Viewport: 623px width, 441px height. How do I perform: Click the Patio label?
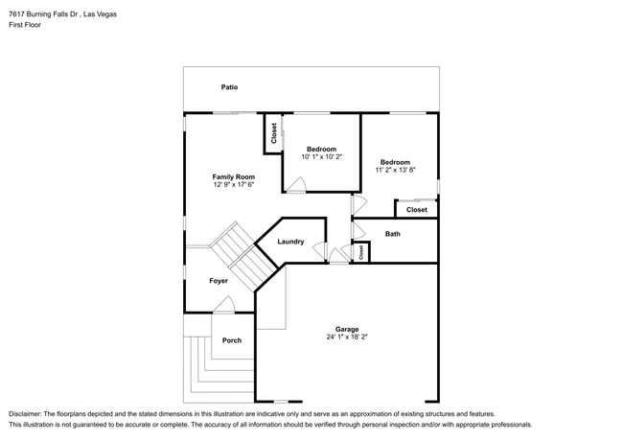(x=229, y=87)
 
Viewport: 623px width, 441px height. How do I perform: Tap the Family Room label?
(x=234, y=176)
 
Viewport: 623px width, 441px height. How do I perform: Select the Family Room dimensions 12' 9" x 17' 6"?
(x=234, y=184)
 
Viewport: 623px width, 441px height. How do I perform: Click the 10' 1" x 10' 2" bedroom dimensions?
(x=321, y=156)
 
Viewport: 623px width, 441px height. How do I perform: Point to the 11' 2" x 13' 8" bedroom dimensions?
(x=395, y=170)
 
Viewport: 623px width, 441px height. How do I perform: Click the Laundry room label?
(x=290, y=242)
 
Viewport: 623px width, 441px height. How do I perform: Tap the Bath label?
(x=393, y=234)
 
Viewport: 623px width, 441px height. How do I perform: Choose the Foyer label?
(x=219, y=281)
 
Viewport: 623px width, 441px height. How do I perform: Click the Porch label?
(x=232, y=340)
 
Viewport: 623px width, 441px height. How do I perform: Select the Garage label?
(x=347, y=329)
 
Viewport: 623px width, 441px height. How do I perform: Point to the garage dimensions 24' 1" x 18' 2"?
(x=347, y=337)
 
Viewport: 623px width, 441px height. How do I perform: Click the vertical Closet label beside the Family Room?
(x=274, y=133)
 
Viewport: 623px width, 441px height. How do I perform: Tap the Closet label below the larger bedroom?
(x=417, y=210)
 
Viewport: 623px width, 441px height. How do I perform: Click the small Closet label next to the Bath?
(x=361, y=252)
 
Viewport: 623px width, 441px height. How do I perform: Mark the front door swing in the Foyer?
(x=224, y=304)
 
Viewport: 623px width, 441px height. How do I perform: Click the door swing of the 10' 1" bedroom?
(x=296, y=185)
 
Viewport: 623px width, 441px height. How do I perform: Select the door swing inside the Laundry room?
(x=319, y=251)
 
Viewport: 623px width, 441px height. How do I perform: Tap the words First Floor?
(x=25, y=25)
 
